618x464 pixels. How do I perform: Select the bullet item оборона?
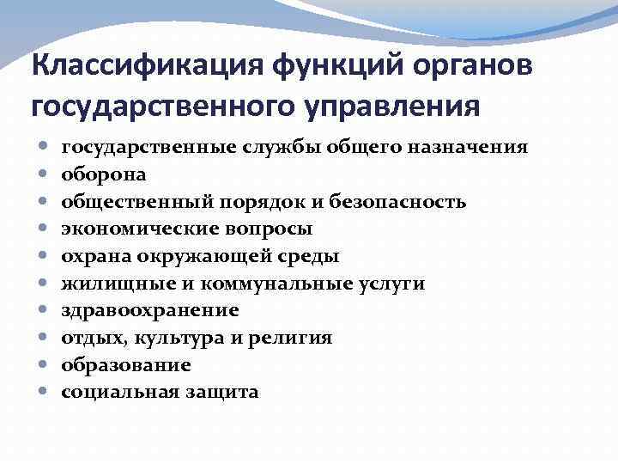tap(103, 174)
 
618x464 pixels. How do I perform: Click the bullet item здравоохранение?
tap(150, 310)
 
